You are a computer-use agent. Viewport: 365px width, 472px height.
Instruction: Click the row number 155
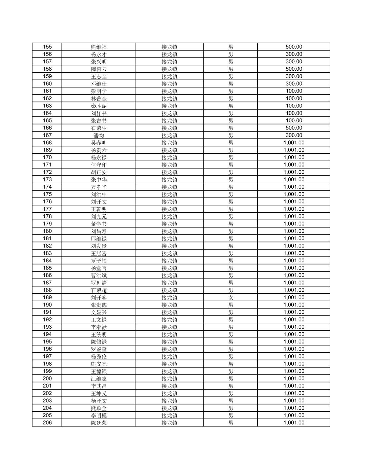point(47,47)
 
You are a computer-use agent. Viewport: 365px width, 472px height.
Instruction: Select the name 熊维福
point(99,47)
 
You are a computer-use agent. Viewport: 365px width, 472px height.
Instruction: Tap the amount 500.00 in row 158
point(294,69)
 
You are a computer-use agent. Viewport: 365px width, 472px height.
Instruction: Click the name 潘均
point(99,135)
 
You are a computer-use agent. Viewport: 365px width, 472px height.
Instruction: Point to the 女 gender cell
point(231,298)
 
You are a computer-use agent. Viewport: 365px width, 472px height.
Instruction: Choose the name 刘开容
point(99,298)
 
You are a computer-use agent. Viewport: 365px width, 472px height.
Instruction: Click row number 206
point(47,423)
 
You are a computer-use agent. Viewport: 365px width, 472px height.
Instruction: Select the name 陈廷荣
point(99,423)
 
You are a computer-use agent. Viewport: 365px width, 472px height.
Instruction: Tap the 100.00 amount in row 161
point(294,91)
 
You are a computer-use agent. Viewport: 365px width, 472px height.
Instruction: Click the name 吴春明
point(99,143)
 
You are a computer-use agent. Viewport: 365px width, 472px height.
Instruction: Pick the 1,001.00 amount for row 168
point(294,143)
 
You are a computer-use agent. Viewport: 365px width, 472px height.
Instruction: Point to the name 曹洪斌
point(99,275)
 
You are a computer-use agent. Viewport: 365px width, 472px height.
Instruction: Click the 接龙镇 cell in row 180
point(169,231)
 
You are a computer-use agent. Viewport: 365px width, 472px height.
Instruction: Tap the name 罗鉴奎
point(99,349)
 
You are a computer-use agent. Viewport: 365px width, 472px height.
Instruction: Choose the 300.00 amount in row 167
point(294,135)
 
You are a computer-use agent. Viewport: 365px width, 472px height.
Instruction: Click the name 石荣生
point(99,128)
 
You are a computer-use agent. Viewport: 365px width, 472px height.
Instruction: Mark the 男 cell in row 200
point(231,379)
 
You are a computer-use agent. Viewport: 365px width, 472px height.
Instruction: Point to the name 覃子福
point(99,261)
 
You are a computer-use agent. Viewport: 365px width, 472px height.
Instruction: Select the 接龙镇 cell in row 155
point(169,47)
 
